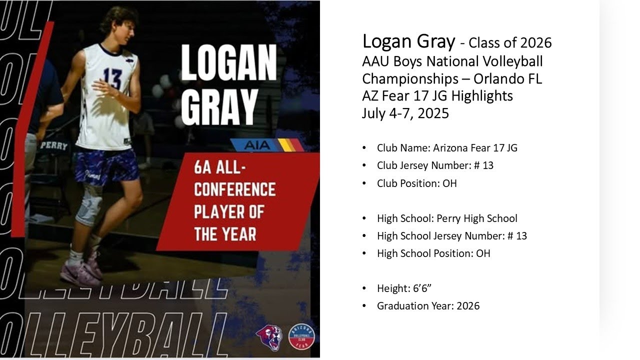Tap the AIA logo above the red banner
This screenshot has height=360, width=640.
click(257, 145)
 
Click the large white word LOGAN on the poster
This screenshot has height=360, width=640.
click(228, 63)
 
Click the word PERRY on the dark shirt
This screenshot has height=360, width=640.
click(53, 145)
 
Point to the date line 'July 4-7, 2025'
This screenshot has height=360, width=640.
click(405, 113)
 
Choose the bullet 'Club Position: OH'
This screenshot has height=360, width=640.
click(416, 183)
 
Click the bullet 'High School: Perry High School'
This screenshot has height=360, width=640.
click(447, 218)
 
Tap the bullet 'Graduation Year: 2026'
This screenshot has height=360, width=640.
click(428, 306)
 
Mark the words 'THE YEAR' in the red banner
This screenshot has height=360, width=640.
click(225, 233)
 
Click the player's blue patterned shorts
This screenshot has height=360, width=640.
click(106, 165)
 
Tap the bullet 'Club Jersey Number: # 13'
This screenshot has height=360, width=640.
click(435, 165)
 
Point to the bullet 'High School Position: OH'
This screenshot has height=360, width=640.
click(433, 253)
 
